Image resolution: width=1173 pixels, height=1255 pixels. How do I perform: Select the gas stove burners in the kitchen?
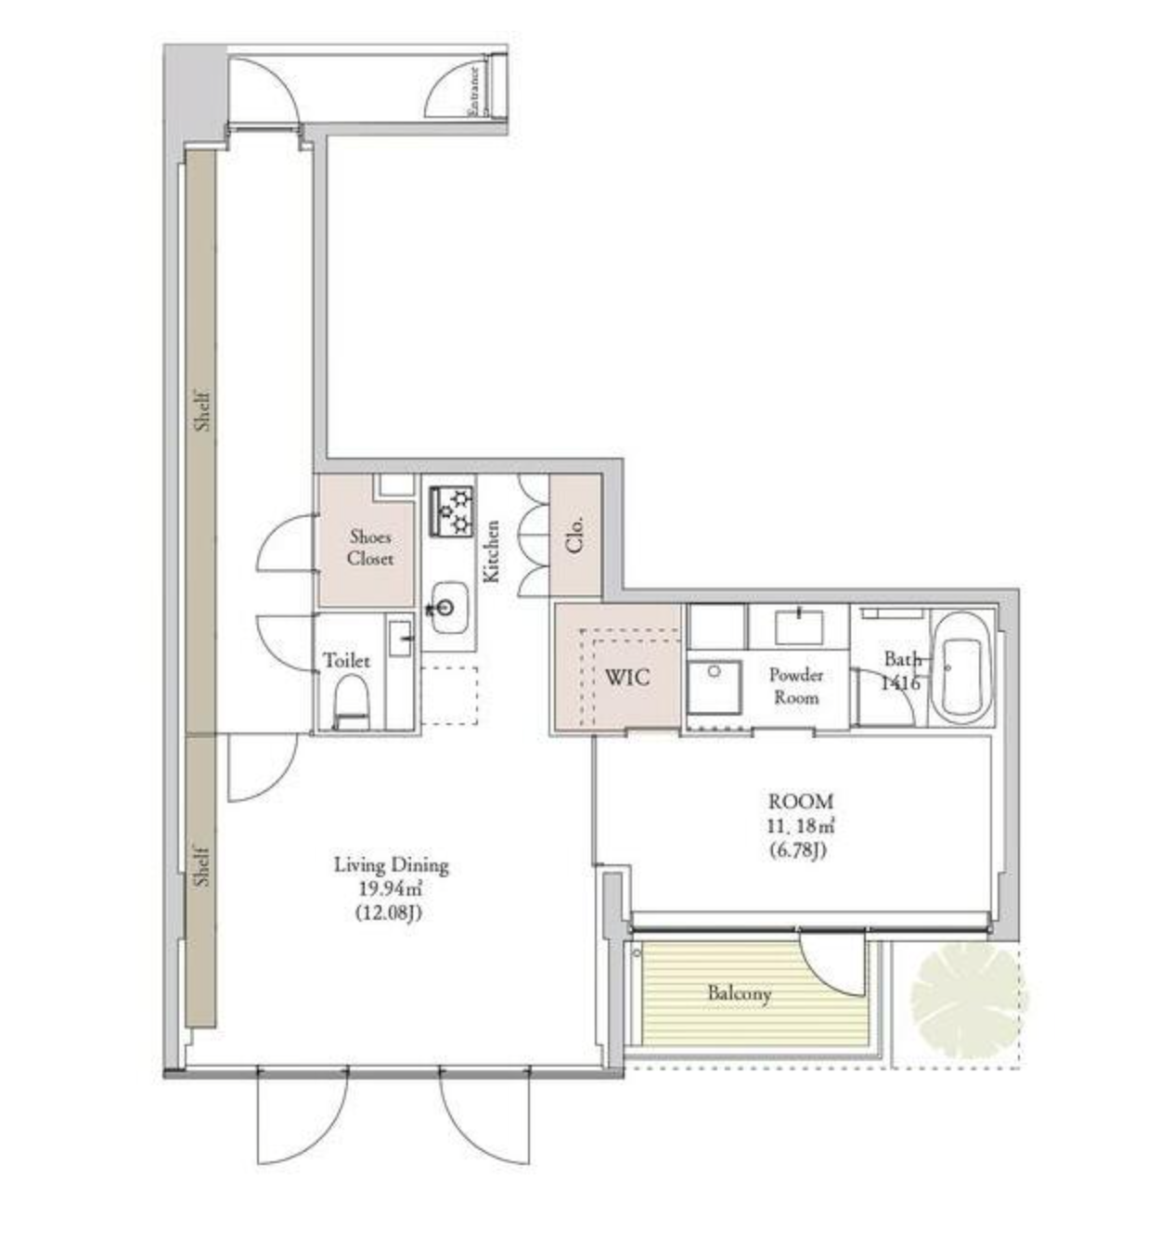pyautogui.click(x=451, y=511)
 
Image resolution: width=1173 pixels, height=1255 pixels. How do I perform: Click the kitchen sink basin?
pyautogui.click(x=449, y=607)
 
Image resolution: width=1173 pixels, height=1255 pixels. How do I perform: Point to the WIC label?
pyautogui.click(x=627, y=678)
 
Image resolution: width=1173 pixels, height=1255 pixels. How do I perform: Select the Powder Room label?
pyautogui.click(x=796, y=686)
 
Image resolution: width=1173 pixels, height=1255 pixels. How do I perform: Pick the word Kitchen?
pyautogui.click(x=491, y=550)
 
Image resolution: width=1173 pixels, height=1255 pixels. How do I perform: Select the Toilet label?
pyautogui.click(x=346, y=661)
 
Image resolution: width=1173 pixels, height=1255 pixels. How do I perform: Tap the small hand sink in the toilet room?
pyautogui.click(x=400, y=639)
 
